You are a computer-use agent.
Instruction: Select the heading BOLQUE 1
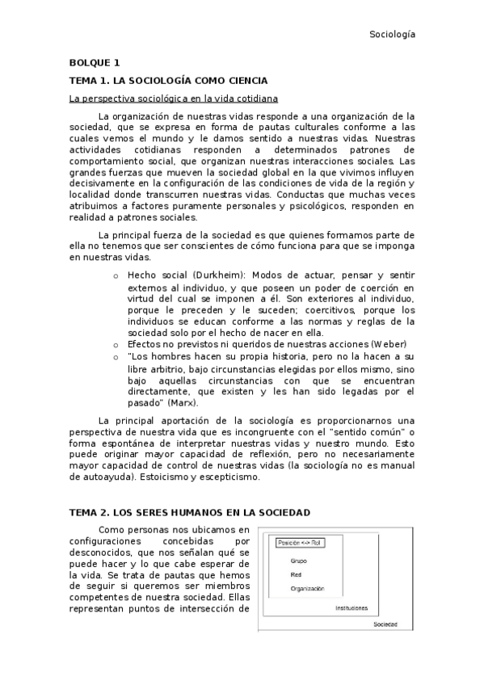click(94, 62)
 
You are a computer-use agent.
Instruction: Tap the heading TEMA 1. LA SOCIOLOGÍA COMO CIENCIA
click(168, 81)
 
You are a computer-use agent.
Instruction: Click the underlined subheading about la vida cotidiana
click(173, 99)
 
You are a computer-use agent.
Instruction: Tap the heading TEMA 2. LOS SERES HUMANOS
click(189, 513)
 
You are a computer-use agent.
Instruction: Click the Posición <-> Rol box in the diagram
click(300, 543)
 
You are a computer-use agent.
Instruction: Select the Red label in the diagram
click(297, 574)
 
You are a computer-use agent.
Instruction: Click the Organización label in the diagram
click(307, 589)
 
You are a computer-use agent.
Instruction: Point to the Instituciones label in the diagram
click(351, 607)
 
